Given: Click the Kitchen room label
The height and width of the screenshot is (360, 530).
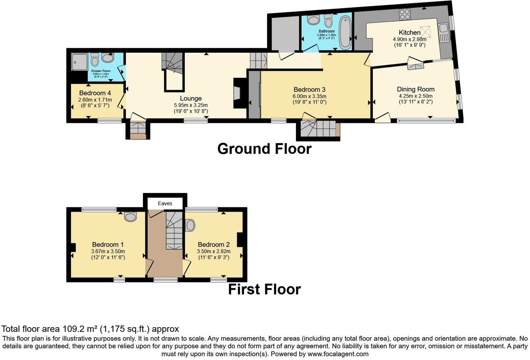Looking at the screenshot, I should click(409, 32).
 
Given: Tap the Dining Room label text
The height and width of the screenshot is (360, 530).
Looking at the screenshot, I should click(416, 89).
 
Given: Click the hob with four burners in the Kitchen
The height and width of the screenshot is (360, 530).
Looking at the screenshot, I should click(405, 14).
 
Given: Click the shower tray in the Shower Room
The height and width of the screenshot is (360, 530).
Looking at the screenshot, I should click(79, 61).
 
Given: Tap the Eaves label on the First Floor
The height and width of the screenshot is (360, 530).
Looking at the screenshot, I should click(165, 203).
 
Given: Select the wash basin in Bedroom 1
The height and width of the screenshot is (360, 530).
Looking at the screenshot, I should click(130, 217).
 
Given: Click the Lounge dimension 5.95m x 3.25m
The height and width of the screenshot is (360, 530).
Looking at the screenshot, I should click(191, 105).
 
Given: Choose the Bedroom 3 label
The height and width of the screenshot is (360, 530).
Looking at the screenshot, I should click(309, 90).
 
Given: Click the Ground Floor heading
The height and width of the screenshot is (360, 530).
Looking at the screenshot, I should click(264, 149).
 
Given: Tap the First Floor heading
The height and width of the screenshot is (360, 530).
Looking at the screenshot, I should click(264, 290).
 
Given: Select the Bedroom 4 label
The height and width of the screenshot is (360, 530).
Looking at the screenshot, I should click(95, 93).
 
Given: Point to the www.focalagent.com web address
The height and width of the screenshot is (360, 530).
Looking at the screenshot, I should click(338, 354).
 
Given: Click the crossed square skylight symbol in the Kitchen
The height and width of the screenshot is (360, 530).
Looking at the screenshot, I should click(425, 32).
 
